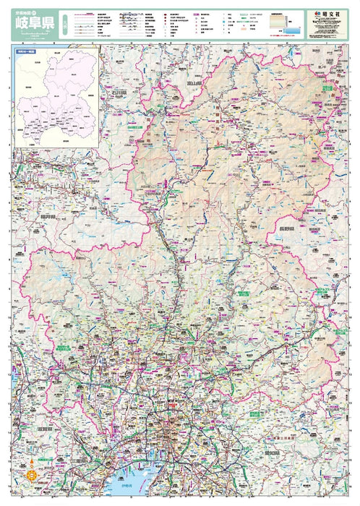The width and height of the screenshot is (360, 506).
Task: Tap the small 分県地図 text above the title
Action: [x=23, y=10]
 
